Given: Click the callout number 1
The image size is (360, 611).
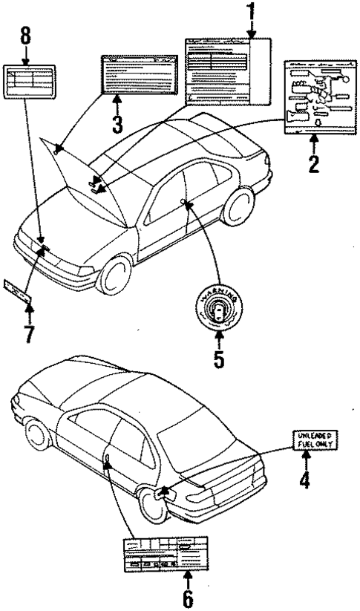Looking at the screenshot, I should (251, 12).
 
